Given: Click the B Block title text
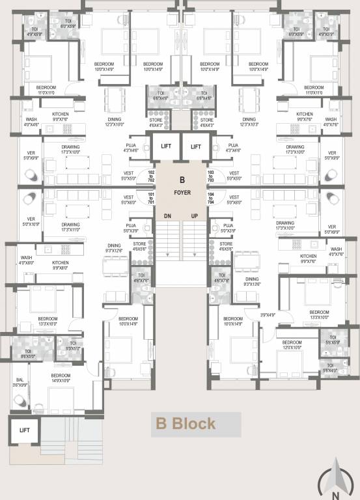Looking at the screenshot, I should tap(185, 424).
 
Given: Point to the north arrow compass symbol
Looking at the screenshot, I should tap(337, 478).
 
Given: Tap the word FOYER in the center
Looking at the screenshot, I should tap(182, 193).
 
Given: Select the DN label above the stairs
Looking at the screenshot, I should tap(167, 215).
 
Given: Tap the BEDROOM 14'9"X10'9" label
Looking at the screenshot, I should tap(61, 378).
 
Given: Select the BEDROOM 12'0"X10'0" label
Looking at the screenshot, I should tap(292, 345).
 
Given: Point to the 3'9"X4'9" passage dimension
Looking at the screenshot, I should tap(268, 314).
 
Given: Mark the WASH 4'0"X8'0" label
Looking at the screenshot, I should tap(26, 260).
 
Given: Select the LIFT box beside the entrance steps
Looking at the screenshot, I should tap(25, 430).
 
